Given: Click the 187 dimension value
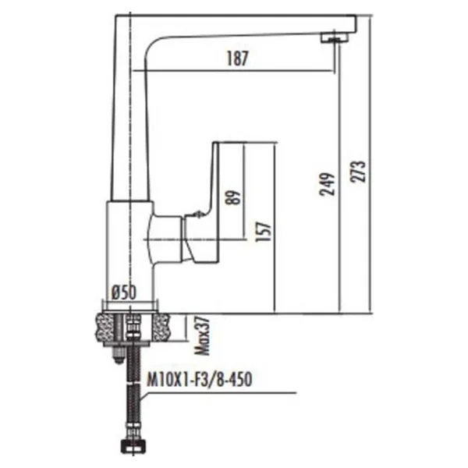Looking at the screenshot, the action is click(237, 58).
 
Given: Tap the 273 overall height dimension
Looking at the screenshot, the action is click(358, 172).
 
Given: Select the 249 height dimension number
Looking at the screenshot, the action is click(327, 184).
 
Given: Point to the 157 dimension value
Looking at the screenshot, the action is click(264, 232).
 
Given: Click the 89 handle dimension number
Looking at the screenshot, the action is click(233, 197).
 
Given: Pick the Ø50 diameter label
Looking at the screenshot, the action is click(124, 292).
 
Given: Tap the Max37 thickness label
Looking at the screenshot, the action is click(202, 335).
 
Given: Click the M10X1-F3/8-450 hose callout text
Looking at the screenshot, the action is click(200, 380).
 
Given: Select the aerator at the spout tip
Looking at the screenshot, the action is click(335, 37).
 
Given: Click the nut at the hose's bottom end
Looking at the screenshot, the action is click(132, 447).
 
